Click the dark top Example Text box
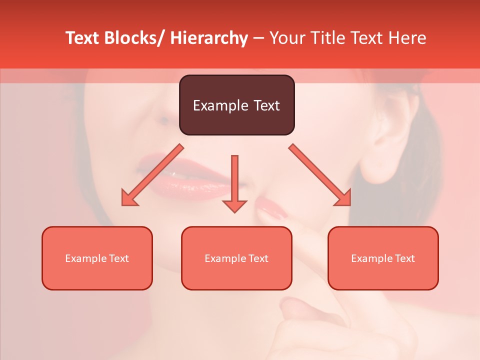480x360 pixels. [x=236, y=105]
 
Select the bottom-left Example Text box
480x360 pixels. [x=97, y=258]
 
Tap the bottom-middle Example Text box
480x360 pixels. [x=236, y=258]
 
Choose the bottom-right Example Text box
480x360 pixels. [x=383, y=258]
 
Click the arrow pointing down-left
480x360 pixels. [x=152, y=175]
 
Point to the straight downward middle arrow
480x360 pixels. [x=234, y=183]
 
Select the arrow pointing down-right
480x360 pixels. [x=320, y=175]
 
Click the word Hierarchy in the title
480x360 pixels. [x=209, y=38]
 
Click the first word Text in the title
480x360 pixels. [x=82, y=38]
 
